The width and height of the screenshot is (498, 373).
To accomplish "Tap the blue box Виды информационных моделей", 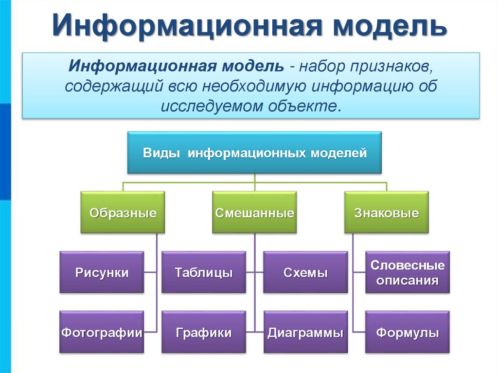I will [254, 153].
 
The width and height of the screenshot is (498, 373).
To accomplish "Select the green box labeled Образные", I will [123, 213].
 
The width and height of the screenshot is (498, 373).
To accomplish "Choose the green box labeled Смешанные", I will [254, 213].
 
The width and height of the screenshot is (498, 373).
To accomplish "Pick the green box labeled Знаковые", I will [387, 213].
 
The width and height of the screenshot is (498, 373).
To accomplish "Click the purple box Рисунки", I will [102, 272].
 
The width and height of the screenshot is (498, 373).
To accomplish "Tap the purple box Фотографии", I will [102, 333].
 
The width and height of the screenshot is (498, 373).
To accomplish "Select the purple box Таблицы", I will [203, 272].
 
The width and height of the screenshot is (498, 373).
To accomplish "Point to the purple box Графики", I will [203, 333].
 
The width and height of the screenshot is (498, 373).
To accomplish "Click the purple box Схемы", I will [305, 272].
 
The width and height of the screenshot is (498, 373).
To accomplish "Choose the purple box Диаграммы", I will [305, 333].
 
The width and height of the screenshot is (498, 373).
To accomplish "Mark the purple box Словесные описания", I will [407, 272].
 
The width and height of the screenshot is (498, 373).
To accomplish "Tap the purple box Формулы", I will [407, 333].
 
